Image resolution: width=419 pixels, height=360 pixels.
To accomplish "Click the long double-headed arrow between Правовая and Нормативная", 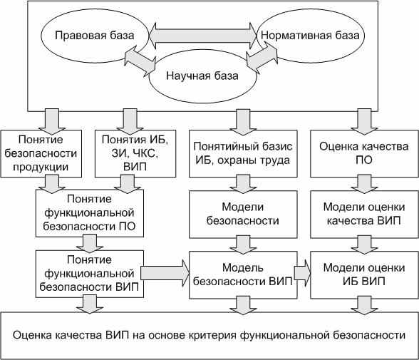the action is [202, 36].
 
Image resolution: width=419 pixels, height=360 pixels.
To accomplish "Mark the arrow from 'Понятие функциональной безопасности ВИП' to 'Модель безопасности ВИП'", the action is [165, 273].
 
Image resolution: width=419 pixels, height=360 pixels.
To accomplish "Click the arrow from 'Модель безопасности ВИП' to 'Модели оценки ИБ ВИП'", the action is [302, 273].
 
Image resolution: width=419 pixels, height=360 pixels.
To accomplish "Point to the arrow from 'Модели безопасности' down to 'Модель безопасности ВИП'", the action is [243, 245].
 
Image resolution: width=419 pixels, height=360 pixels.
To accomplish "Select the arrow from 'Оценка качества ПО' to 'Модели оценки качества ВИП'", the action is [365, 184].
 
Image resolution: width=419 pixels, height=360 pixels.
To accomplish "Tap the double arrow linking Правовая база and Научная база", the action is [140, 61].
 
